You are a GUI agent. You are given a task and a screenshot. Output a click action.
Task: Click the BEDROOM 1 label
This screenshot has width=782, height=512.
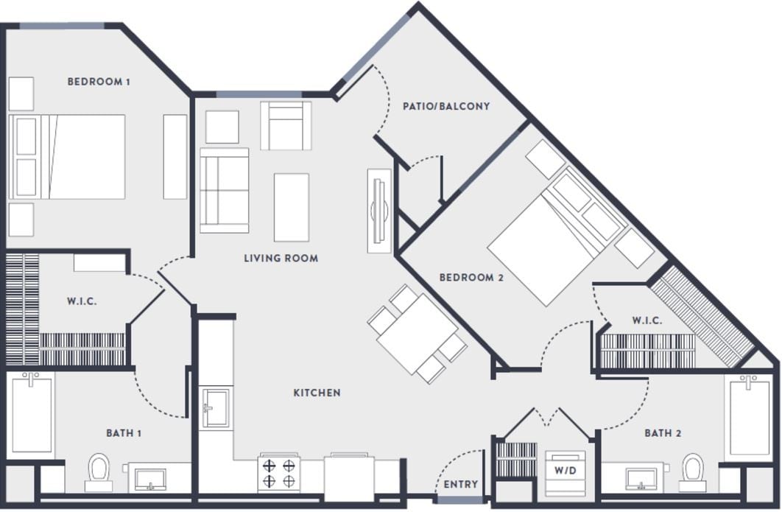[x=99, y=82]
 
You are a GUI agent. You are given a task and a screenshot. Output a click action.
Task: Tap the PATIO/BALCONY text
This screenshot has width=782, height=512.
[x=445, y=106]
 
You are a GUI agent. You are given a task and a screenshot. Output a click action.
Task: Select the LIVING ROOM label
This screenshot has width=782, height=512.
[x=281, y=259]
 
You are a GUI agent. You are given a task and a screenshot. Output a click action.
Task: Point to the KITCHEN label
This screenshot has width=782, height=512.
[x=317, y=393]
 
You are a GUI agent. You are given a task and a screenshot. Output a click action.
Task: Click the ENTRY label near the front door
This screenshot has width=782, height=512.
[x=460, y=484]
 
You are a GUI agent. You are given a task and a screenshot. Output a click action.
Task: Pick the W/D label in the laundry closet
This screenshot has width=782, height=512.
[x=565, y=469]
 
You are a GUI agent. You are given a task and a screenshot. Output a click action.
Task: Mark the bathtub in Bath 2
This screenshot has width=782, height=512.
[x=749, y=416]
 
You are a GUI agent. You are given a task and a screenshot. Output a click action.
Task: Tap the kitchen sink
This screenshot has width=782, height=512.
[x=216, y=407]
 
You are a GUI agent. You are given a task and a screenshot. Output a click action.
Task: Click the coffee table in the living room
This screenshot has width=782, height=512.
[x=291, y=207]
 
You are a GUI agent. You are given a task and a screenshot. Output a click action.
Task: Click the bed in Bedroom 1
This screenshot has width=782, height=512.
[x=74, y=156]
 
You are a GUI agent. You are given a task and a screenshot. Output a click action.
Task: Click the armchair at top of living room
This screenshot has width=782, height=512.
[x=285, y=126]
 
